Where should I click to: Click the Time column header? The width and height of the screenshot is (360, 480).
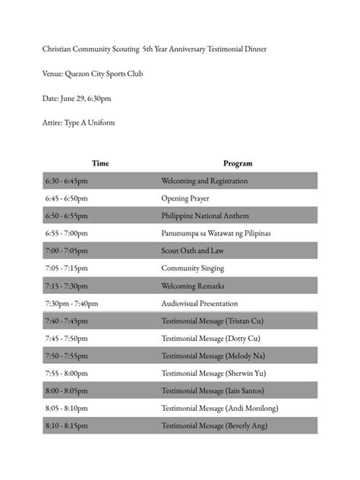coord(99,163)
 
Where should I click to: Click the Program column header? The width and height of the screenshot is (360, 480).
coord(238,163)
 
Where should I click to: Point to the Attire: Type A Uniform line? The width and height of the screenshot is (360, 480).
coord(79,123)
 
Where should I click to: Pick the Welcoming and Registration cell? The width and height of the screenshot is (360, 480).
coord(204,181)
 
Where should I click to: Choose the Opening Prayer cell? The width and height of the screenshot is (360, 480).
coord(185,198)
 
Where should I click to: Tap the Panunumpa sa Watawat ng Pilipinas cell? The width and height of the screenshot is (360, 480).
coord(216,233)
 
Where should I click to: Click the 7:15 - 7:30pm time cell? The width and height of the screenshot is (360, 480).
coord(67,286)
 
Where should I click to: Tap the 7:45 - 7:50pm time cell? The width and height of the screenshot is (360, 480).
coord(66,338)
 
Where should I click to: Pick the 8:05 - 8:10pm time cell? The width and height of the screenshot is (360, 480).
coord(66,408)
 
